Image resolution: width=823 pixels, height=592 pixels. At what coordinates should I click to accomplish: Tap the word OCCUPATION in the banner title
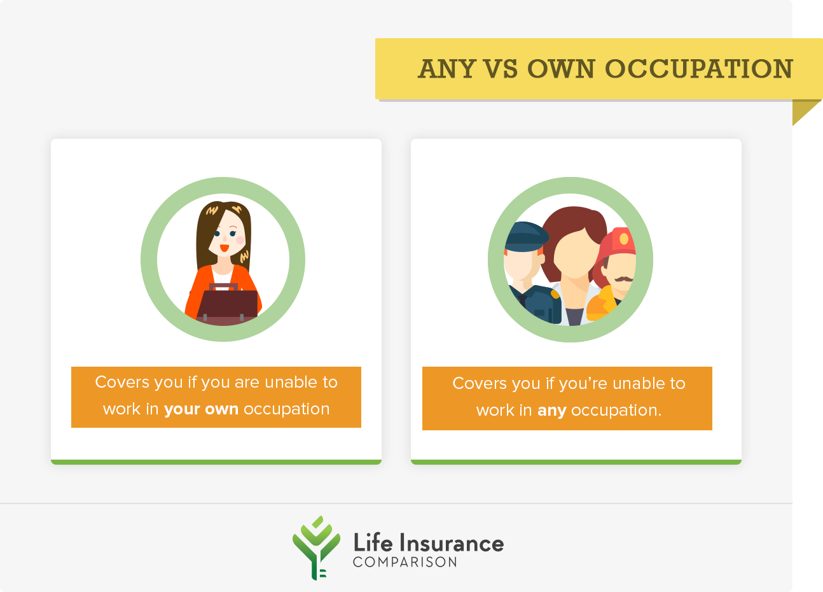699,69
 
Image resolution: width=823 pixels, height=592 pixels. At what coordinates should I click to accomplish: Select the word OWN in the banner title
561,69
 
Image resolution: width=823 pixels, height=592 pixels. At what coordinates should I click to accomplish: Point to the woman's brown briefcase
227,304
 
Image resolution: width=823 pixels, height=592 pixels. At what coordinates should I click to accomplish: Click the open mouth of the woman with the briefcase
225,248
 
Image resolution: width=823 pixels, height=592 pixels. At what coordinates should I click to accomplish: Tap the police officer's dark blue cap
527,237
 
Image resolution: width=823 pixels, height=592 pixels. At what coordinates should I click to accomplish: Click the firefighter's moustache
623,279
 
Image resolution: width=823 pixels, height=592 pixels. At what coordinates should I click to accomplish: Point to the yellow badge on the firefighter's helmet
624,239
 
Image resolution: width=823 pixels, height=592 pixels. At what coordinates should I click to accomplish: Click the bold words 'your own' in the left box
201,409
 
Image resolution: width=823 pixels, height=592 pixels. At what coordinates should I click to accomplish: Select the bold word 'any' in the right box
552,411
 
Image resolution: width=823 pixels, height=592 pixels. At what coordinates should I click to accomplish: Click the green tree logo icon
316,547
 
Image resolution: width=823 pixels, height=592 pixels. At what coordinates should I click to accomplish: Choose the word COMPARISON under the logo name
405,562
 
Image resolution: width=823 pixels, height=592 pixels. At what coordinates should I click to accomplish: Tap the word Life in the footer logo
373,542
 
